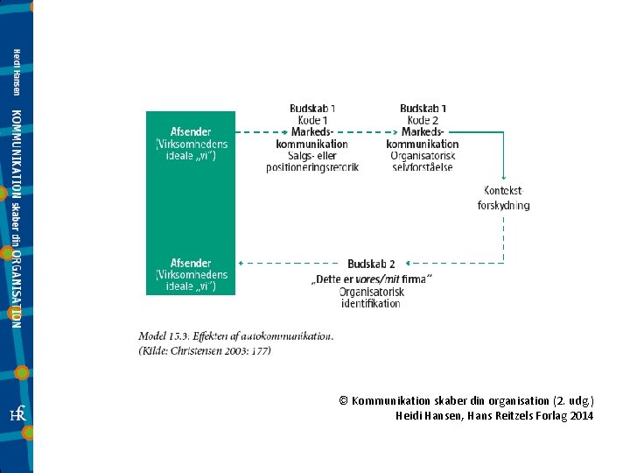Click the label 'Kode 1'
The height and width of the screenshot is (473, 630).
(312, 120)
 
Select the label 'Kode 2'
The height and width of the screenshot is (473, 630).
(423, 120)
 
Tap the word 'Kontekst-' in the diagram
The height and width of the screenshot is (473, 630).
(503, 191)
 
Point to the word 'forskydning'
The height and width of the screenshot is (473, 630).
(503, 206)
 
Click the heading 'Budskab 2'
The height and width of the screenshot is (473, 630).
(371, 264)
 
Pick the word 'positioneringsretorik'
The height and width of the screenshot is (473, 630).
(312, 167)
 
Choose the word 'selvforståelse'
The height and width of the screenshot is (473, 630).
(423, 167)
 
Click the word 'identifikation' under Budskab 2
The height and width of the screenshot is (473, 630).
(371, 304)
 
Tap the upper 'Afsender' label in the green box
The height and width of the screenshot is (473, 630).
(191, 132)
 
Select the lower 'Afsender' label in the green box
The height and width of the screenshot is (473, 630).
(191, 263)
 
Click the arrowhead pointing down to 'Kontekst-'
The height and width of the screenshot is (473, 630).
(503, 177)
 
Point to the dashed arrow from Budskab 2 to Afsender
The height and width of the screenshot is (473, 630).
(289, 264)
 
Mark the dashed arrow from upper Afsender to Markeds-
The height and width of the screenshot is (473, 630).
(262, 132)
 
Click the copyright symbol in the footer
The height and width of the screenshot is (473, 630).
(343, 400)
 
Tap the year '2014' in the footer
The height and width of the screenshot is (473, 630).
(581, 415)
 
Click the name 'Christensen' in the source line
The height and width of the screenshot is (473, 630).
(196, 350)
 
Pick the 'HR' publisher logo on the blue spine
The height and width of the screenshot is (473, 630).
(17, 413)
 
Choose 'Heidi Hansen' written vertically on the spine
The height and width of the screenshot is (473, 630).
(17, 73)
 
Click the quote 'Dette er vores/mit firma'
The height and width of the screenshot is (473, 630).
(372, 279)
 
